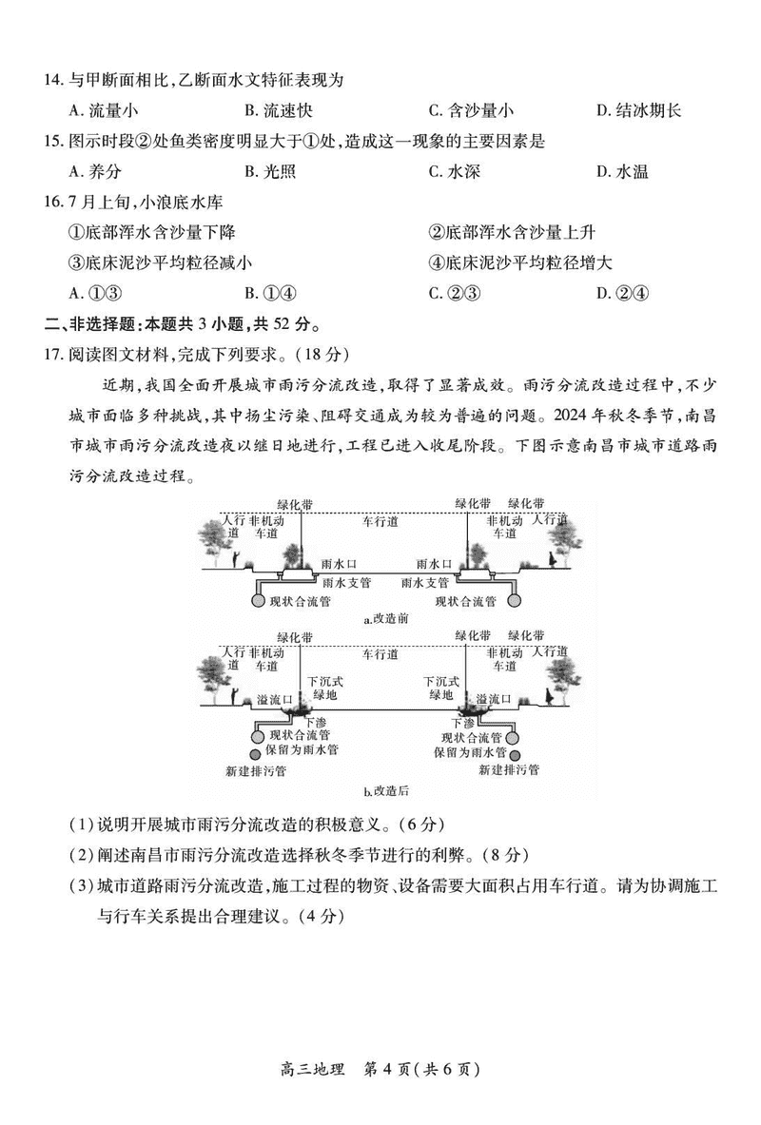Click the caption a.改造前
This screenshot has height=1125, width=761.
(385, 619)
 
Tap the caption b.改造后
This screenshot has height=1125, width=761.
(385, 790)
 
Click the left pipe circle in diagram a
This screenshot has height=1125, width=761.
(256, 599)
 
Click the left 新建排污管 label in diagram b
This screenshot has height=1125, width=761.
(256, 770)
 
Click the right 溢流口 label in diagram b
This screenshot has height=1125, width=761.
(495, 699)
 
